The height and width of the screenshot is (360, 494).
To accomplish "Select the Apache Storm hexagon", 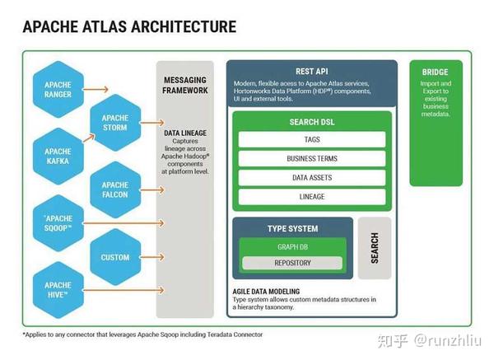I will click(x=115, y=123).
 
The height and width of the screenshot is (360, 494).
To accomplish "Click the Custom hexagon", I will click(x=115, y=257).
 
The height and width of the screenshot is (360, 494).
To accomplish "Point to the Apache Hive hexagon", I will click(x=58, y=289).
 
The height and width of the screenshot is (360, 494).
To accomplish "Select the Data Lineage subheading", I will click(x=185, y=132).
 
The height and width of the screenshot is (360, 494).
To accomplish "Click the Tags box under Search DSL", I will click(x=312, y=140).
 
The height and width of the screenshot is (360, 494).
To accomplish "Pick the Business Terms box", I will click(x=312, y=159).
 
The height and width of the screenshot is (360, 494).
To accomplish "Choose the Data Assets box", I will click(x=312, y=178).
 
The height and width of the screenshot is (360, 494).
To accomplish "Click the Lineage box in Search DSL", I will click(x=312, y=197).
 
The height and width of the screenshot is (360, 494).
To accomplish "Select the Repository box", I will click(x=292, y=264).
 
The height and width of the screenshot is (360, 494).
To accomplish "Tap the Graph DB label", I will click(x=292, y=246).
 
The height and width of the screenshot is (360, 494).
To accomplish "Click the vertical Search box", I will click(x=375, y=248).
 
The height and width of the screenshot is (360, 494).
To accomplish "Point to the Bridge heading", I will click(x=436, y=72).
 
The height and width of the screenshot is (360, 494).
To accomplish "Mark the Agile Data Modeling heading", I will click(x=266, y=292).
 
